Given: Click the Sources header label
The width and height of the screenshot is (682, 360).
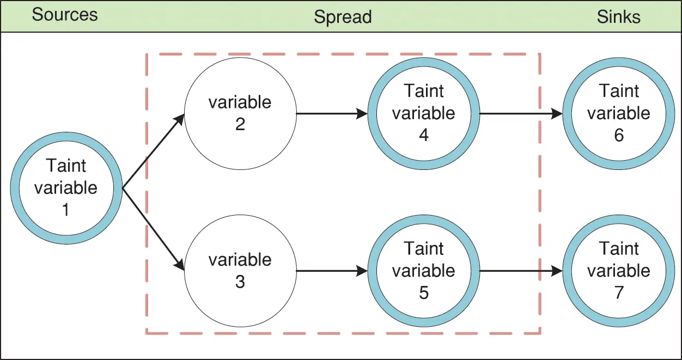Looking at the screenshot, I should tap(65, 15).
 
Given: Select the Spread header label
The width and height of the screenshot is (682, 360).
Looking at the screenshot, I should tap(343, 17).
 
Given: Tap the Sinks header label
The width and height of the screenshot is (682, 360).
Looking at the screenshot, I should tap(618, 17).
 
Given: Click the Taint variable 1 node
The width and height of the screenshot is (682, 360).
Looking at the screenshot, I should tap(66, 188).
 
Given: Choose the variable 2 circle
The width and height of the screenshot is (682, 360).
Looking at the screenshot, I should tap(240, 113).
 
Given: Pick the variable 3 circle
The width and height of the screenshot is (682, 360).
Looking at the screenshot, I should tap(240, 271).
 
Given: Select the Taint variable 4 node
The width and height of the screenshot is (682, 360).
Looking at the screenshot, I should tap(424, 113).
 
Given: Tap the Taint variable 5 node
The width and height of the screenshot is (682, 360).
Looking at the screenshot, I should tap(424, 271).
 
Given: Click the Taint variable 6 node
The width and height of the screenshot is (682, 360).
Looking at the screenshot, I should tap(619, 113).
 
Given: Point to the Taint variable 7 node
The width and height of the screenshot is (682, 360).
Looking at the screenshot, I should tap(619, 271).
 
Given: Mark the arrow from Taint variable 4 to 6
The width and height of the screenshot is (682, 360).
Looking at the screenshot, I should tap(520, 114).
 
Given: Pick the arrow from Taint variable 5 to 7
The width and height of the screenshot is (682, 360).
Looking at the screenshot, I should tap(520, 271).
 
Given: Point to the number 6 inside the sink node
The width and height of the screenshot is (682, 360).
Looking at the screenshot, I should tap(619, 135).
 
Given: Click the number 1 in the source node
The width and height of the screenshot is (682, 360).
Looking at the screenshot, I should tap(66, 210).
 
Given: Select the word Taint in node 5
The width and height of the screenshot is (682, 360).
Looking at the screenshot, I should tap(424, 249).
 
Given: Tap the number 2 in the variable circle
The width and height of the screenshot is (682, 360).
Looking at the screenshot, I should tap(240, 124).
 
